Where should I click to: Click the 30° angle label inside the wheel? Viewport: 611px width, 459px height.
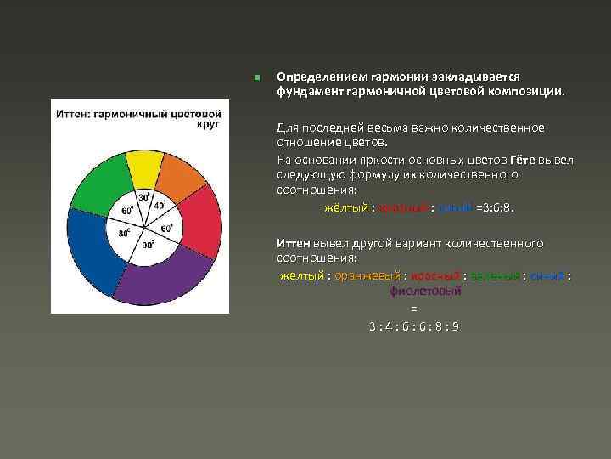point(145,198)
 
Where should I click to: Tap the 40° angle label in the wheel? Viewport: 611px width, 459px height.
point(160,206)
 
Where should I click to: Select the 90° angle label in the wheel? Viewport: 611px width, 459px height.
point(148,245)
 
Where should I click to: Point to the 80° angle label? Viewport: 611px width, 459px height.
point(125,232)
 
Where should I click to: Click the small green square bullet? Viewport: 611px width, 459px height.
point(256,77)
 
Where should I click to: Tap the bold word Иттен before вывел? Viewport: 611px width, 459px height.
point(293,243)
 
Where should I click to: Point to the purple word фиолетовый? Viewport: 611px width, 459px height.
point(424,292)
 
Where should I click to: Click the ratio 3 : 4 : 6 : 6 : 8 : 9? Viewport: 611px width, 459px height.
point(413,326)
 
